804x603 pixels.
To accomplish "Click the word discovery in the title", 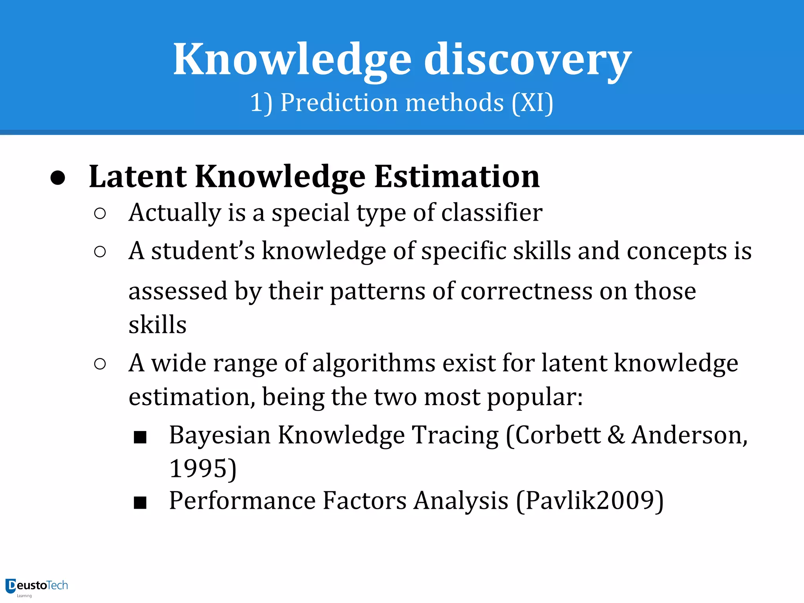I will click(x=527, y=60).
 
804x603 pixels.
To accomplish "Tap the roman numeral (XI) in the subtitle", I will click(x=532, y=103).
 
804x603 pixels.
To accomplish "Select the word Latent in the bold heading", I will click(x=138, y=177).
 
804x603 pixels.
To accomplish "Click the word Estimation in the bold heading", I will click(x=457, y=177).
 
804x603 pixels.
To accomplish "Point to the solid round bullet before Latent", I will click(x=58, y=178).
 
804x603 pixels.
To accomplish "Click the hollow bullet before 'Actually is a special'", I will click(x=100, y=214).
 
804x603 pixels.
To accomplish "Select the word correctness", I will click(x=526, y=291).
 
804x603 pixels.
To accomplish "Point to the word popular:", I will click(x=535, y=397).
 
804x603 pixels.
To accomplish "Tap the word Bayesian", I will click(x=220, y=435).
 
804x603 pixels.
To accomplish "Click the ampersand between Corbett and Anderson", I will click(x=616, y=435).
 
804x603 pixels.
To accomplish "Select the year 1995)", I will click(x=203, y=468).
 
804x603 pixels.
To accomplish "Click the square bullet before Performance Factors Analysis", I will click(x=140, y=502).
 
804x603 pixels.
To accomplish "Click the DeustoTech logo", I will click(x=37, y=587).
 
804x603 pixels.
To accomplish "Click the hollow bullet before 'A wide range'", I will click(x=100, y=364).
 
